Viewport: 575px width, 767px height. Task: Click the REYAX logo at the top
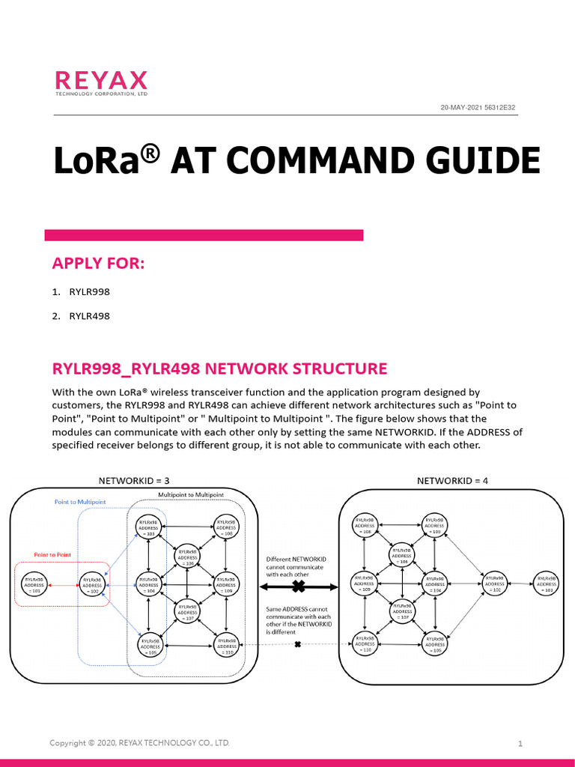101,83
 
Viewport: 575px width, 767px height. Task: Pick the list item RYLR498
89,316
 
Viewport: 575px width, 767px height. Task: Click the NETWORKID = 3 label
139,480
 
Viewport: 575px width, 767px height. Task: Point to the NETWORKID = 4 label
452,480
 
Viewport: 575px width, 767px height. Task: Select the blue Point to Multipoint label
80,501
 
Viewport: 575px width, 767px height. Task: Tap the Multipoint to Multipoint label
190,495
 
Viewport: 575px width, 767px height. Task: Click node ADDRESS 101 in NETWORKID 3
33,584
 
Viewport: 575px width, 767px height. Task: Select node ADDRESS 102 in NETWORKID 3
92,584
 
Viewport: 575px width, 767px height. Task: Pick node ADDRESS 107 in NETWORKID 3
187,613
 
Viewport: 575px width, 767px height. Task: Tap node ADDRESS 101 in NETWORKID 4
548,584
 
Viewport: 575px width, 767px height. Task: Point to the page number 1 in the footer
520,744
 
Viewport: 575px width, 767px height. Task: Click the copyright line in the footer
139,743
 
